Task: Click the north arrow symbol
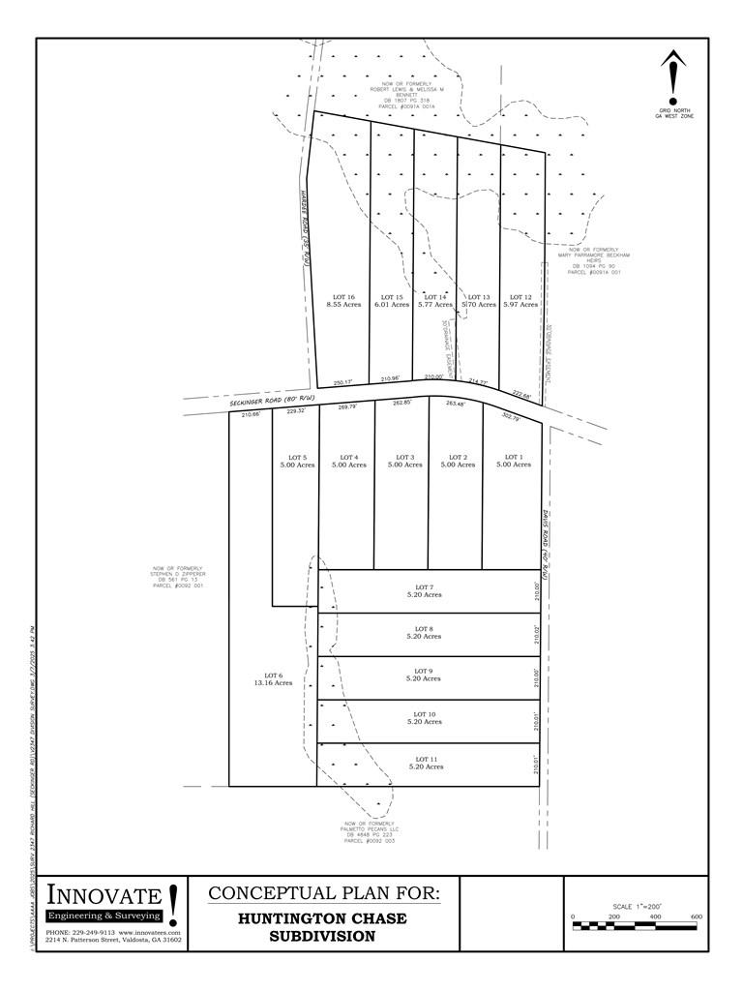point(673,76)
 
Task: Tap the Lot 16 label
point(344,301)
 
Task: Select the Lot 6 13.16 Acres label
point(272,678)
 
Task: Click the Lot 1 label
point(513,461)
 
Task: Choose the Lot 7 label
point(424,591)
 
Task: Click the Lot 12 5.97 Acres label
point(520,301)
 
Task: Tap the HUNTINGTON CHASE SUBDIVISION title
point(323,927)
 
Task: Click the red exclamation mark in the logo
point(173,904)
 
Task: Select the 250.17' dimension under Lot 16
point(343,381)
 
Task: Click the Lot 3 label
point(404,461)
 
